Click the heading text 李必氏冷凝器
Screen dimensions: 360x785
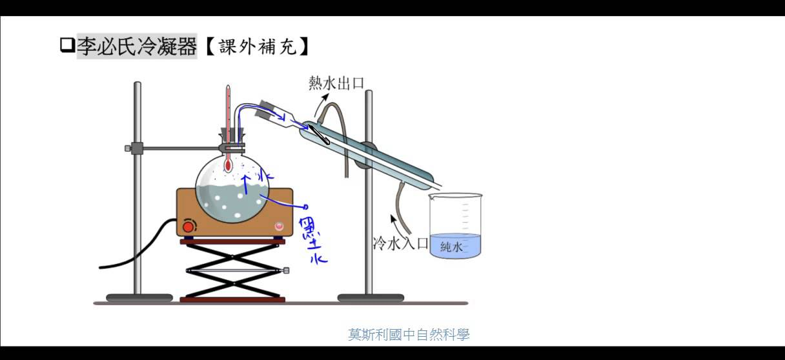click(x=137, y=46)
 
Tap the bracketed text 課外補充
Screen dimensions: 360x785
click(x=257, y=46)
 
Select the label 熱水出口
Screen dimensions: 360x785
click(x=336, y=83)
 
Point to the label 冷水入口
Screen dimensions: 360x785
click(x=400, y=243)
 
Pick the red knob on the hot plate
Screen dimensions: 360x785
click(x=189, y=226)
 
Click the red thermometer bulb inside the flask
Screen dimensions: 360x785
click(x=228, y=166)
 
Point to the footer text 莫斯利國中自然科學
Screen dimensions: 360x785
click(x=409, y=335)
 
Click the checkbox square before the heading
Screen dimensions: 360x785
click(x=67, y=46)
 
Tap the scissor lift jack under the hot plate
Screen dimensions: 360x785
click(x=232, y=270)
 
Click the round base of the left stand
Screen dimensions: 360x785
click(x=139, y=297)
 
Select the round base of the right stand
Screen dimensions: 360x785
click(x=371, y=297)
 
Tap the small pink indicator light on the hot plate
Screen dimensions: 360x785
click(x=279, y=226)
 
